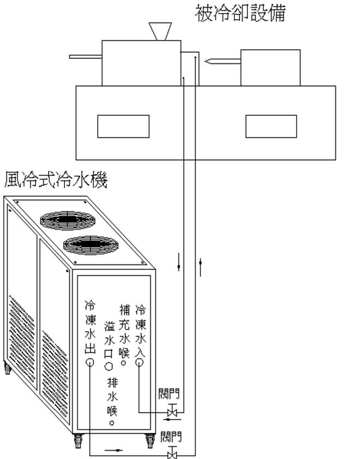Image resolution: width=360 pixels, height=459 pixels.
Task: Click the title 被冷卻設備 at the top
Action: coord(240,13)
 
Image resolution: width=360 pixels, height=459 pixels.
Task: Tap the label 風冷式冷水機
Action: coord(56,179)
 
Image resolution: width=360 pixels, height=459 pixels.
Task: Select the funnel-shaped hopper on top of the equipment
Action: coord(161,31)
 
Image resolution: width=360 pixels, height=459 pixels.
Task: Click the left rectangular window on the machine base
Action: coord(123,126)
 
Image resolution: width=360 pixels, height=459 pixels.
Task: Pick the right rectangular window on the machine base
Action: coord(271,126)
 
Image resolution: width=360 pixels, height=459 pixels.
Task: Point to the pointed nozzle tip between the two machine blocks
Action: coord(207,62)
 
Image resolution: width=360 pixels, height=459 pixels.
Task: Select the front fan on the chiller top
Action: coord(91,245)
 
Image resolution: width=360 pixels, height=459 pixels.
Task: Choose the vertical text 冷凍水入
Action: coord(140,327)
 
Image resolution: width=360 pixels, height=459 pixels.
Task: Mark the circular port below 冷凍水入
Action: coord(140,362)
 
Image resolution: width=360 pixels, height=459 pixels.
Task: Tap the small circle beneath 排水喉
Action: coord(113,422)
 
